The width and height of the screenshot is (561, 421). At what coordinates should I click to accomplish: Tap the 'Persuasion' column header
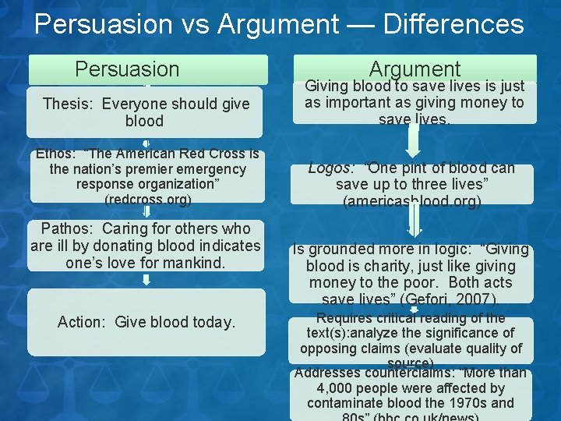(127, 69)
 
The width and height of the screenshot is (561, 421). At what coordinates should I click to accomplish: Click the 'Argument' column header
(415, 69)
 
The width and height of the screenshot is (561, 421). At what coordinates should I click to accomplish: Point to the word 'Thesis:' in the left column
(69, 104)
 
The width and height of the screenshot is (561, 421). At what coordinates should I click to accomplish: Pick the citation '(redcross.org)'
(148, 200)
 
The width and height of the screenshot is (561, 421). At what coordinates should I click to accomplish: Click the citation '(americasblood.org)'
(412, 201)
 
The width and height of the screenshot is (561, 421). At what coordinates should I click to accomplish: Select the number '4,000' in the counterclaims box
(337, 387)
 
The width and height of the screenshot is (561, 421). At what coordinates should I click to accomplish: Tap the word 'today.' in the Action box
(213, 322)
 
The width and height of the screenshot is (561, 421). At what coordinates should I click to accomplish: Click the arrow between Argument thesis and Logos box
(414, 140)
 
